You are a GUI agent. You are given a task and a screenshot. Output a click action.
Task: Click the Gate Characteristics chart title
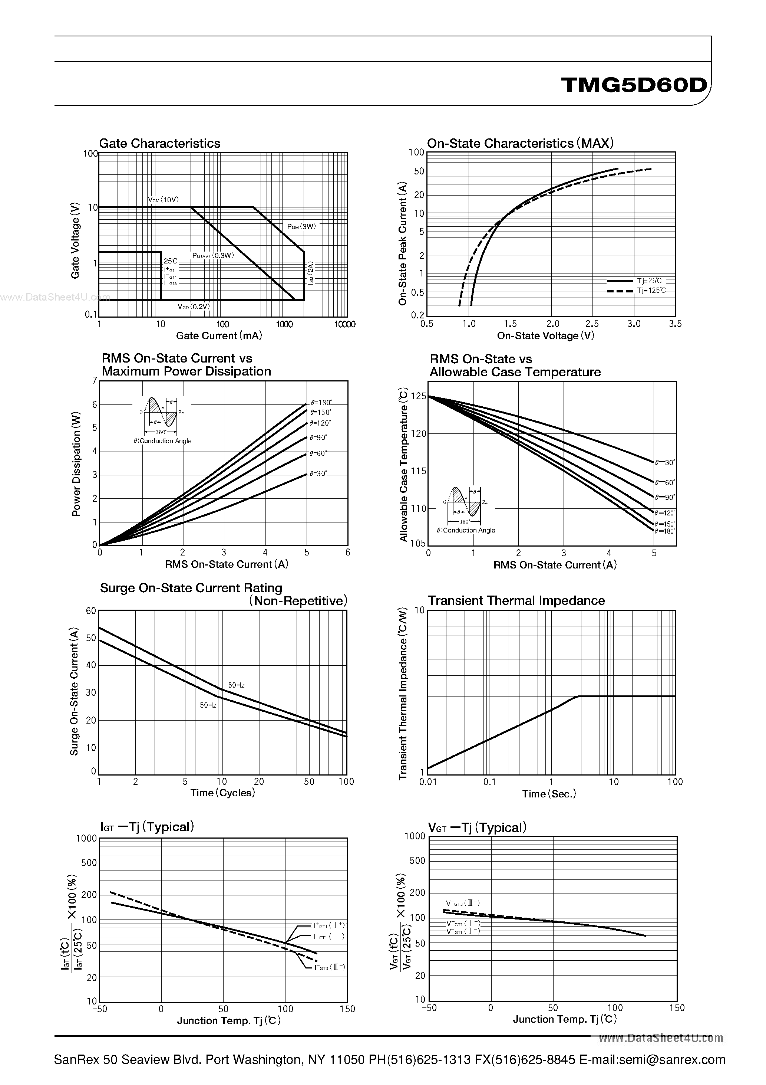pyautogui.click(x=160, y=143)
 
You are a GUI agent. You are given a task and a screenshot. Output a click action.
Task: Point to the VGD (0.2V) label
pyautogui.click(x=194, y=307)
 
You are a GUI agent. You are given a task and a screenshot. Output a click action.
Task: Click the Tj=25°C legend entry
pyautogui.click(x=649, y=281)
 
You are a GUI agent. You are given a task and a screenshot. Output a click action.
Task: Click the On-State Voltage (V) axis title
pyautogui.click(x=545, y=335)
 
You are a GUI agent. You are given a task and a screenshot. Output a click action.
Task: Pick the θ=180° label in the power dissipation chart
pyautogui.click(x=321, y=403)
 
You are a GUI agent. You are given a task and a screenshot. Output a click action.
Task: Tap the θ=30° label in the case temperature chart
pyautogui.click(x=665, y=463)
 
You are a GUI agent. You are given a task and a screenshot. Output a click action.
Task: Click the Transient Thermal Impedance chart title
pyautogui.click(x=516, y=601)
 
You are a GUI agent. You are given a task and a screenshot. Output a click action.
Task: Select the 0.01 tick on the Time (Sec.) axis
pyautogui.click(x=428, y=782)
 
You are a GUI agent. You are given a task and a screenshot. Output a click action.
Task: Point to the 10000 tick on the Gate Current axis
pyautogui.click(x=345, y=324)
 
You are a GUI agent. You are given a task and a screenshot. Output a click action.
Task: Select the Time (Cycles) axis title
pyautogui.click(x=222, y=793)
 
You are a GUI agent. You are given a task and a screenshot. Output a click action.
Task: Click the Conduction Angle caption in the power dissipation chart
pyautogui.click(x=162, y=441)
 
